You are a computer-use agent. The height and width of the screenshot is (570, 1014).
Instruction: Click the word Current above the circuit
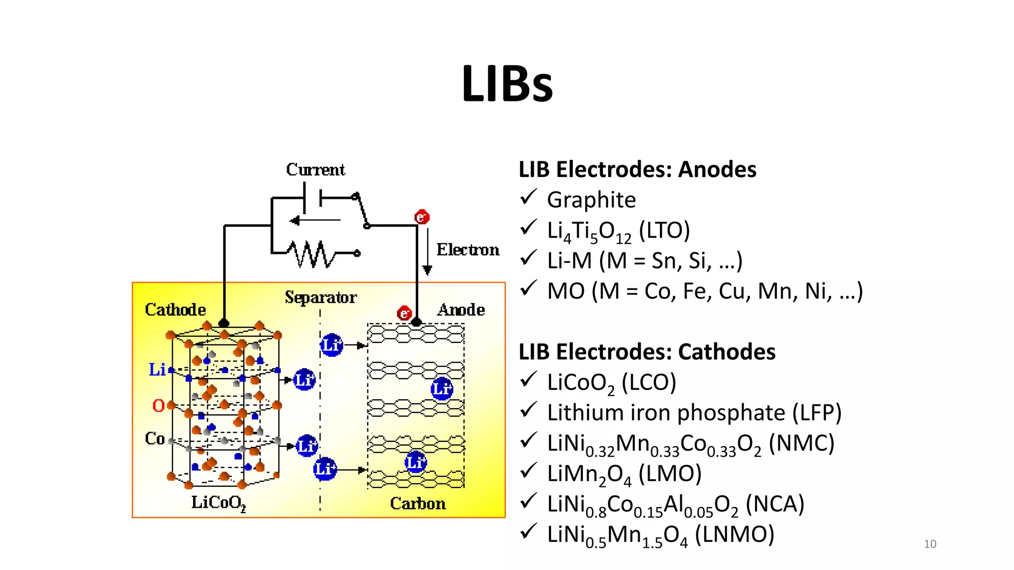point(315,170)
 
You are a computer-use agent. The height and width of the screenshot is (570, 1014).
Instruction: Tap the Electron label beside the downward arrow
point(467,249)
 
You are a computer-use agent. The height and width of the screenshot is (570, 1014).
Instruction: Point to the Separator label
point(320,297)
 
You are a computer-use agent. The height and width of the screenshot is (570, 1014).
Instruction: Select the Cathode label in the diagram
point(175,310)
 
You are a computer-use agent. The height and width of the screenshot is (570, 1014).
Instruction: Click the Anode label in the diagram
point(461,310)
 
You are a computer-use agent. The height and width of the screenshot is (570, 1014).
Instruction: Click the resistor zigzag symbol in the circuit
point(312,254)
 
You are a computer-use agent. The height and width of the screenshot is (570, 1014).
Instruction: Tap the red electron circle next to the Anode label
point(405,313)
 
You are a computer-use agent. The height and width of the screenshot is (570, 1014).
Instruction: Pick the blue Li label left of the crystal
point(157,370)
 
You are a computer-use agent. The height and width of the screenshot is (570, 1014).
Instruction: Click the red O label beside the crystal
point(158,406)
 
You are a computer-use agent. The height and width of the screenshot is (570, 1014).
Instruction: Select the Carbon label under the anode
point(417,504)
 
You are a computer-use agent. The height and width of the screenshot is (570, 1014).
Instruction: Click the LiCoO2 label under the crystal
point(218,503)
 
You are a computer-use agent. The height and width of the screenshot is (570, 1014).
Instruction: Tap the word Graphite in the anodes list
point(591,200)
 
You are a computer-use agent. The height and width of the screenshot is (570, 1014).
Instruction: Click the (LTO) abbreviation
point(664,231)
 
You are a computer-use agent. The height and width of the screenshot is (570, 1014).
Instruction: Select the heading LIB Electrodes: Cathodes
point(647,352)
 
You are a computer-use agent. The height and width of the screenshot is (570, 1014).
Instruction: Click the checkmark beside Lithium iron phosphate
point(529,411)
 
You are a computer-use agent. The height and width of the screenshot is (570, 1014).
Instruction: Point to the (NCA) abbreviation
point(775,504)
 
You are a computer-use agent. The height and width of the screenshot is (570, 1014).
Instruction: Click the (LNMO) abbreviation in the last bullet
point(734,535)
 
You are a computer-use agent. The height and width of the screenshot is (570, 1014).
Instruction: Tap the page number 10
point(930,544)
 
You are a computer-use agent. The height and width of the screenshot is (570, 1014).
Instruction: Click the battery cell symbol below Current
point(312,197)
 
